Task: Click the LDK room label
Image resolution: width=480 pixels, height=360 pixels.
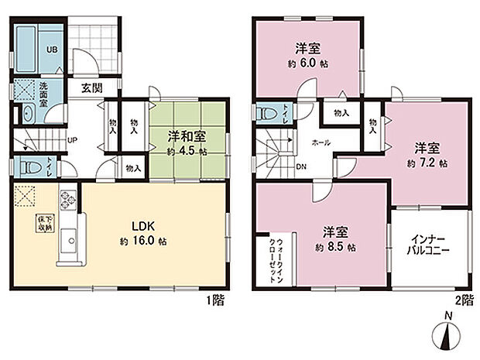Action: (x=144, y=226)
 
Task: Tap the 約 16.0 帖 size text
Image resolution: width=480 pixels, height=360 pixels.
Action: (x=145, y=241)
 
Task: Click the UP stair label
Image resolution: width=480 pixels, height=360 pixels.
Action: (x=73, y=140)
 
